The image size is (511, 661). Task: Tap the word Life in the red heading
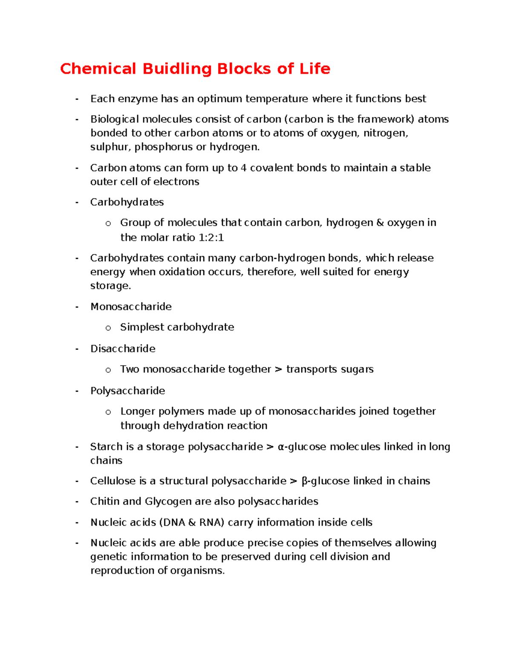315,69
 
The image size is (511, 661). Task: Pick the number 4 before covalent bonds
243,168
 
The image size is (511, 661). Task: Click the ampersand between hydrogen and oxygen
380,223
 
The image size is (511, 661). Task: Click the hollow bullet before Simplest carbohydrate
108,328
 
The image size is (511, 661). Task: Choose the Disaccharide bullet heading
123,349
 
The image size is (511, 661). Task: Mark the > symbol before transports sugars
278,369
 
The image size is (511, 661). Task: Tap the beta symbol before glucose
304,481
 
